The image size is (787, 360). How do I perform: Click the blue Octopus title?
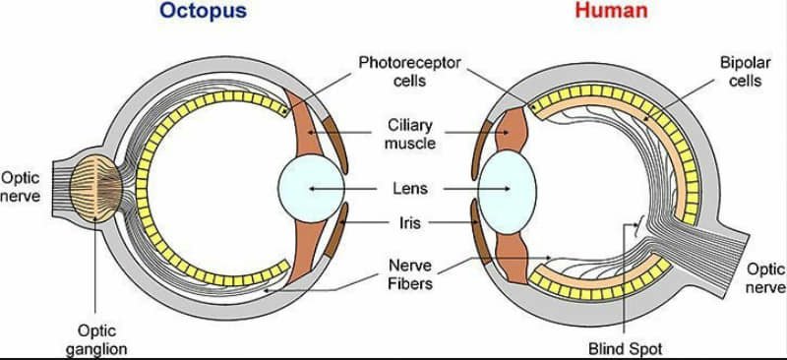[205, 11]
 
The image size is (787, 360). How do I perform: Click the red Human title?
[611, 10]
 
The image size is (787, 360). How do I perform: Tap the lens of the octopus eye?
[311, 188]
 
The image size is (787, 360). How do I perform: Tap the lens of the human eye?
[507, 192]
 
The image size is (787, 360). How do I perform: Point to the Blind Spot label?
[626, 348]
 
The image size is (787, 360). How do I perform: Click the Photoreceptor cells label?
[409, 72]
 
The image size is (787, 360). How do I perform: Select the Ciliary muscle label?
[410, 134]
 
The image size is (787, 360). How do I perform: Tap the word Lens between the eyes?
[410, 189]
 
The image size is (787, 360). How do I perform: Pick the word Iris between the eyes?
[409, 222]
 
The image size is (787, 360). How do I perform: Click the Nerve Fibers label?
[410, 274]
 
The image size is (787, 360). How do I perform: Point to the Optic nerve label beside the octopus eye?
[20, 186]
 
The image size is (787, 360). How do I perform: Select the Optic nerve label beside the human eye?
[766, 277]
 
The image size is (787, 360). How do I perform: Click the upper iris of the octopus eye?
[334, 146]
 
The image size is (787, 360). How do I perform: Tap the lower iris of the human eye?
[480, 231]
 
